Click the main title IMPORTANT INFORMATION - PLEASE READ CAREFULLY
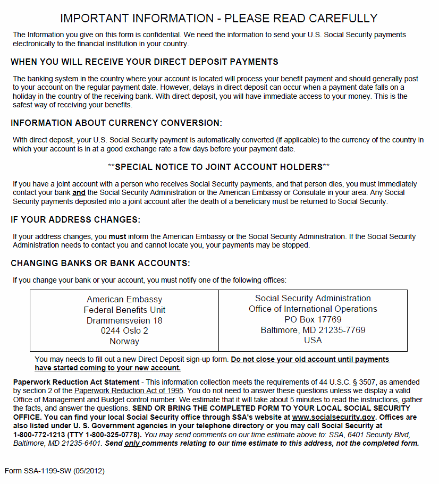pyautogui.click(x=218, y=18)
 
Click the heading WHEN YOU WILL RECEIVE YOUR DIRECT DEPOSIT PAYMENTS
pyautogui.click(x=145, y=62)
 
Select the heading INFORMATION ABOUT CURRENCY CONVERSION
pyautogui.click(x=116, y=123)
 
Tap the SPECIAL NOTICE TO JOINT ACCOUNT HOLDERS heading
pyautogui.click(x=218, y=167)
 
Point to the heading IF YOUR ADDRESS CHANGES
pyautogui.click(x=75, y=219)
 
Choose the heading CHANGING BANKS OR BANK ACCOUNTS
pyautogui.click(x=100, y=264)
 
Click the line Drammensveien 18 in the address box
pyautogui.click(x=124, y=320)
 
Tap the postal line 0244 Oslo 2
pyautogui.click(x=124, y=331)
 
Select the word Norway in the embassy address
pyautogui.click(x=124, y=342)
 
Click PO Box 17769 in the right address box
pyautogui.click(x=313, y=319)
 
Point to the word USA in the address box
pyautogui.click(x=313, y=341)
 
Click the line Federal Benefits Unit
pyautogui.click(x=124, y=310)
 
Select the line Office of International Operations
pyautogui.click(x=313, y=309)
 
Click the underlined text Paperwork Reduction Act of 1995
pyautogui.click(x=129, y=391)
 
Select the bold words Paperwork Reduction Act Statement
pyautogui.click(x=76, y=383)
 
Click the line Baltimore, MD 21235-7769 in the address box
pyautogui.click(x=313, y=330)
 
